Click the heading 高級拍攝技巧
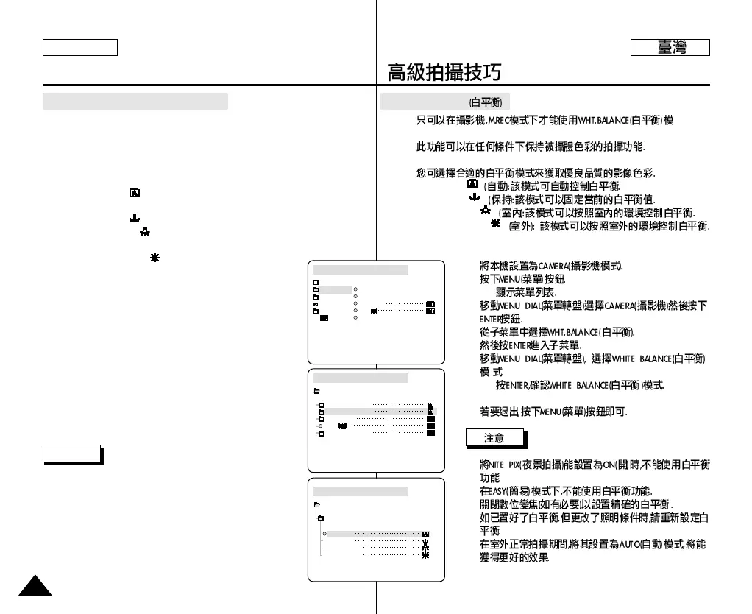coord(444,72)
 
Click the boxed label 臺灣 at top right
coord(670,48)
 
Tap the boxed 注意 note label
coord(494,439)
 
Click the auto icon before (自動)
coord(473,183)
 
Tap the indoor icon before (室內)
coord(485,211)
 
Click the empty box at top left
coord(80,48)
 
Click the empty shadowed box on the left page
coord(71,454)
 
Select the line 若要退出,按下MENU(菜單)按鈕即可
coord(553,412)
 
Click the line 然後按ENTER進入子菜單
coord(530,345)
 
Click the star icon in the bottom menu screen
coord(425,557)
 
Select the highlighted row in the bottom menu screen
coord(376,534)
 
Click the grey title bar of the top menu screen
coord(361,269)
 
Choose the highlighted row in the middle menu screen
coord(380,412)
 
